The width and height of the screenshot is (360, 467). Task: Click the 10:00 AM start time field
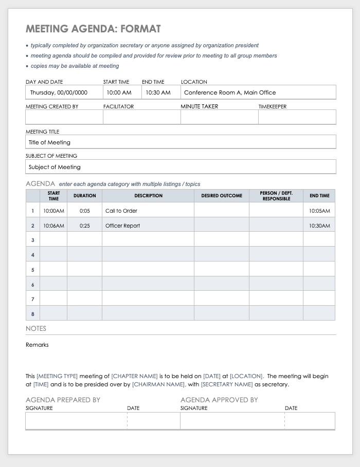click(x=119, y=92)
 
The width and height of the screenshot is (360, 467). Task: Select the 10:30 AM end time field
click(x=157, y=92)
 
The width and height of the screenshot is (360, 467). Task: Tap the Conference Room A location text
click(x=230, y=92)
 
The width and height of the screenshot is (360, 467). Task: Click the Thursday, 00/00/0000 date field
click(x=59, y=92)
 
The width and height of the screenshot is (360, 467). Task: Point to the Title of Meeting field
click(x=50, y=142)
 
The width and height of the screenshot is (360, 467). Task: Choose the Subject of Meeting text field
click(x=55, y=167)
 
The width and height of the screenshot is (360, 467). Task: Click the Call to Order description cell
click(x=121, y=211)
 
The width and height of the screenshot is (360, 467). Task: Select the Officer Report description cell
click(x=122, y=226)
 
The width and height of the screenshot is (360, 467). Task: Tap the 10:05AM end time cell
click(x=319, y=211)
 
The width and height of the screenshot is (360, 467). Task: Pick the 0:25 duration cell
click(x=84, y=226)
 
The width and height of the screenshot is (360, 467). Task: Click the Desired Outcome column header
click(x=222, y=196)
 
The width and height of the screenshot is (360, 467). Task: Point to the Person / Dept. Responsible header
click(x=276, y=196)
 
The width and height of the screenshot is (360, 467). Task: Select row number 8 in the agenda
click(x=33, y=313)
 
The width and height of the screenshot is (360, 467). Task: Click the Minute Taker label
click(x=199, y=106)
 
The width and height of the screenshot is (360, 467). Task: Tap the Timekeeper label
click(x=273, y=106)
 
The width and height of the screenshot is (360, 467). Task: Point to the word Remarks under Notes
click(x=37, y=345)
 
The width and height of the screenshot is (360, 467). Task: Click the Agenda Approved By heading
click(x=219, y=400)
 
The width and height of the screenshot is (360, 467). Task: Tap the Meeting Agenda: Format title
click(x=93, y=29)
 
